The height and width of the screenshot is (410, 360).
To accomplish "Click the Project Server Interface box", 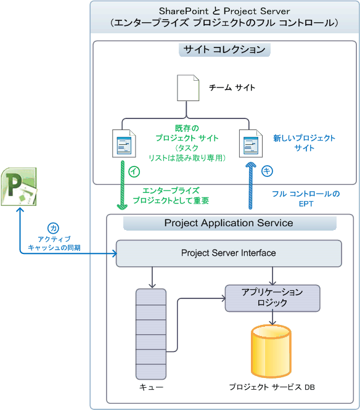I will pyautogui.click(x=229, y=253).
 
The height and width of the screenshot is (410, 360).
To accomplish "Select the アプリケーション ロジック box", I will pyautogui.click(x=272, y=298).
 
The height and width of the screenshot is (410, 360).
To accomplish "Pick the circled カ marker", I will pyautogui.click(x=54, y=228).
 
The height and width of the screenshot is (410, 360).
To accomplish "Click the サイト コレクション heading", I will pyautogui.click(x=224, y=49).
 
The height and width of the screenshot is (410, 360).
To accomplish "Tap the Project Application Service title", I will pyautogui.click(x=229, y=223).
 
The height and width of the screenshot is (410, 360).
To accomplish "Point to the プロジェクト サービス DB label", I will pyautogui.click(x=272, y=387).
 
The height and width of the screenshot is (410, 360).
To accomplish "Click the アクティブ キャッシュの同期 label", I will pyautogui.click(x=54, y=243).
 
